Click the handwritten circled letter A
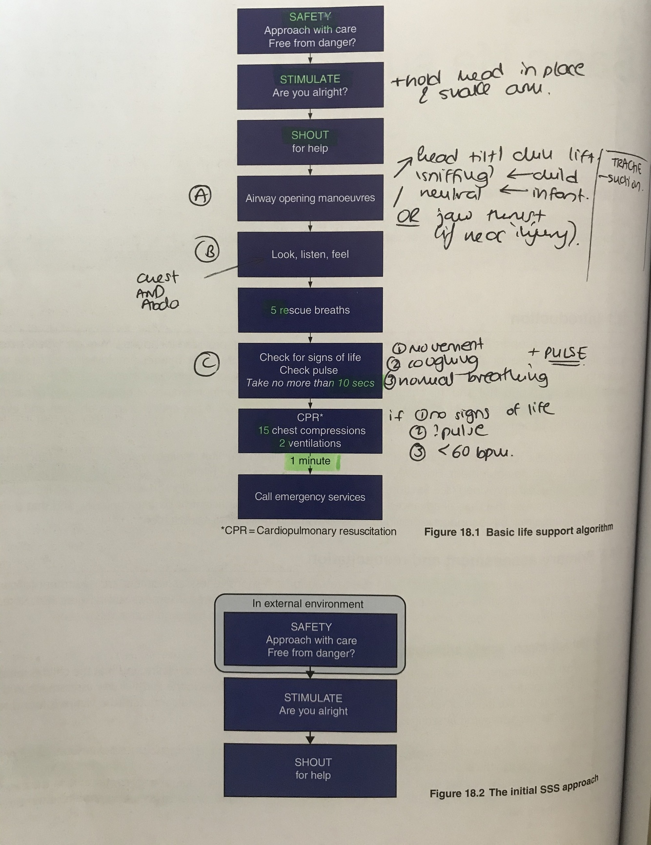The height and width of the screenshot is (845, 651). point(200,196)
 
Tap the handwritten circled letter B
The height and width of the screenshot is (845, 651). point(207,251)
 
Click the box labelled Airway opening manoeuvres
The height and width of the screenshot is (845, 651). point(310,198)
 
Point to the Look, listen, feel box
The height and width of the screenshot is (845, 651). point(310,254)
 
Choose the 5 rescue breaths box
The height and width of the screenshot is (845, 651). point(310,310)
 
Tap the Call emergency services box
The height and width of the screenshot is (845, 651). point(310,497)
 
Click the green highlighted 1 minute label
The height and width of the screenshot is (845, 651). point(310,461)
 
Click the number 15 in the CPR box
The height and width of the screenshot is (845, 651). point(264,431)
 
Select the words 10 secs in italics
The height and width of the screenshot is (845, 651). point(356,383)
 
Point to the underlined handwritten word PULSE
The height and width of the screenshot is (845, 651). point(565,354)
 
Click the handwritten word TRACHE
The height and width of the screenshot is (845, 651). point(627,166)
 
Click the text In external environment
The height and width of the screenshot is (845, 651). point(308,604)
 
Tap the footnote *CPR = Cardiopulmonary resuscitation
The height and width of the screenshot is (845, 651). point(308,531)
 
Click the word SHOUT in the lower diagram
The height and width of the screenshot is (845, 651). point(313,762)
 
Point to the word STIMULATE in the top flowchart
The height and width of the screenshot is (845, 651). point(310,79)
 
